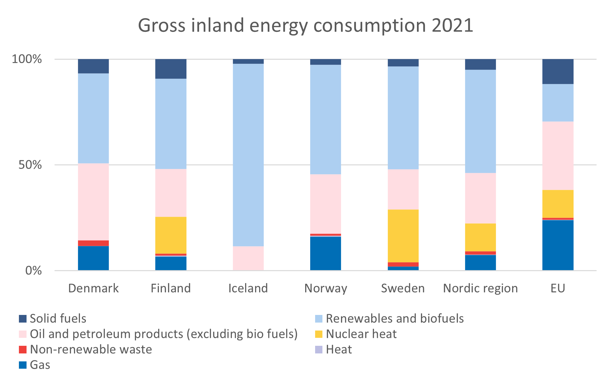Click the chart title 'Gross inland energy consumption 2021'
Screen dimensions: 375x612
pyautogui.click(x=306, y=26)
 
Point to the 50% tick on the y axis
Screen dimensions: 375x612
pyautogui.click(x=30, y=165)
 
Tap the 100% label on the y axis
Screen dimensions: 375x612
pyautogui.click(x=27, y=59)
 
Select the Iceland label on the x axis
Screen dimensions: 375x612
pyautogui.click(x=248, y=288)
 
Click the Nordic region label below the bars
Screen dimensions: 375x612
pyautogui.click(x=480, y=288)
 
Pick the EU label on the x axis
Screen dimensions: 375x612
pyautogui.click(x=558, y=288)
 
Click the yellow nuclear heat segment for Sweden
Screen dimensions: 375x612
pyautogui.click(x=403, y=236)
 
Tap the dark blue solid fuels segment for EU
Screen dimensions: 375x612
pyautogui.click(x=558, y=71)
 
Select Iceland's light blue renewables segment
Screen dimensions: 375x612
pyautogui.click(x=248, y=154)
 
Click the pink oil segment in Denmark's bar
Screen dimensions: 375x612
pyautogui.click(x=93, y=201)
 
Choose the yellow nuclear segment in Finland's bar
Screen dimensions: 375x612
pyautogui.click(x=171, y=235)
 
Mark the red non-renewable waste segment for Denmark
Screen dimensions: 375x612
pyautogui.click(x=93, y=243)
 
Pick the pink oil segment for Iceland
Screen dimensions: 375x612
pyautogui.click(x=248, y=258)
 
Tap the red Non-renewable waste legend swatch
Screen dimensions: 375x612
pyautogui.click(x=23, y=349)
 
